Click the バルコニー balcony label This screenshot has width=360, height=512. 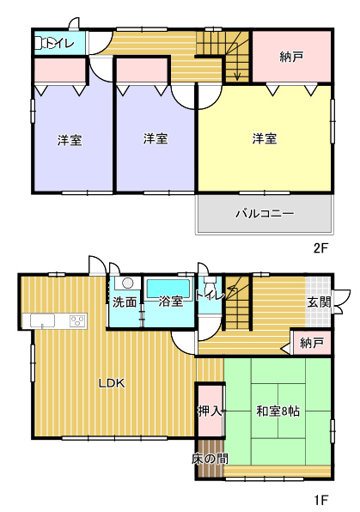point(265,214)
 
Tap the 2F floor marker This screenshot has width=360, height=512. point(320,248)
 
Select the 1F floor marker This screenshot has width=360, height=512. point(321,500)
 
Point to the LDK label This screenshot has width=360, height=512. point(112,383)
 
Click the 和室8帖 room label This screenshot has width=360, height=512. point(278,411)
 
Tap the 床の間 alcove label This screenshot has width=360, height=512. point(210,459)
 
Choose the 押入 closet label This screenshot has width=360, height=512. point(210,411)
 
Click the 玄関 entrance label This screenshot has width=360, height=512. point(319,302)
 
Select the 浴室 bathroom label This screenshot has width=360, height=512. point(170,301)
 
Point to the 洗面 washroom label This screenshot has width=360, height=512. point(125,302)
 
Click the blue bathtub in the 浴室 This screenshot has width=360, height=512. point(168,288)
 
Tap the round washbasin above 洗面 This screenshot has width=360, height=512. point(127,283)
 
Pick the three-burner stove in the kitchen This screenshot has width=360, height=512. point(78,320)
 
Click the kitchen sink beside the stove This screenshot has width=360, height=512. point(42,320)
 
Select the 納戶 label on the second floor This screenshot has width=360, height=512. point(292,57)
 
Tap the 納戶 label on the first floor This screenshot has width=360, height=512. point(312,343)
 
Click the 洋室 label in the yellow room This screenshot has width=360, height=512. point(265,138)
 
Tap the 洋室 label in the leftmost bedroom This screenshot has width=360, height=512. point(70,140)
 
